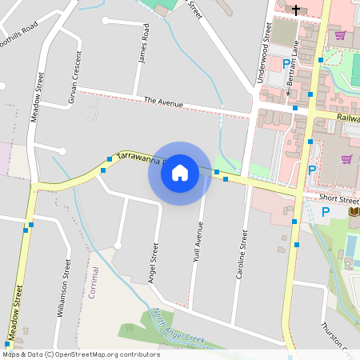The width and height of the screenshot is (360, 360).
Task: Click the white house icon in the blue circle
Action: point(179,172)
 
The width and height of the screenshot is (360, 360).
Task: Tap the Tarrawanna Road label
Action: point(138,158)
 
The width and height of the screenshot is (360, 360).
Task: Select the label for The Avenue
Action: point(164,102)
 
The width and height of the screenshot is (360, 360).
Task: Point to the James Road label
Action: point(144,48)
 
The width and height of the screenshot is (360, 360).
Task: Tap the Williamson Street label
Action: point(63,288)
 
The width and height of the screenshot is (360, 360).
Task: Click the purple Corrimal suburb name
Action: point(94,282)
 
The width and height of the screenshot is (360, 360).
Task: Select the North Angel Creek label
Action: point(179,328)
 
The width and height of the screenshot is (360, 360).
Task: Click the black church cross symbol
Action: point(296,10)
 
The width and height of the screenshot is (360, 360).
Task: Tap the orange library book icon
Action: point(354,211)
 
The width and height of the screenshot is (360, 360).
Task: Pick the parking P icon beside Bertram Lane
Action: point(286,63)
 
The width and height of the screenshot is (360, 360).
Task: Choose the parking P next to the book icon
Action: point(326,212)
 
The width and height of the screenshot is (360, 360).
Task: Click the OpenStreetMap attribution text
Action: point(80,354)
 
